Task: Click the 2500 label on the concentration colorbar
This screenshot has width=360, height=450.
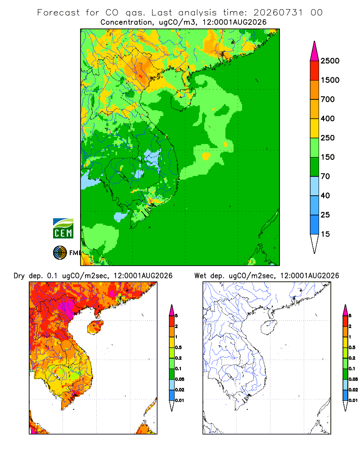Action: point(330,61)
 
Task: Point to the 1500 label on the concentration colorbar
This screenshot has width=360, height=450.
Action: point(330,80)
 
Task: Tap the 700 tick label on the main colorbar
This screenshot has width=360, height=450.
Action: point(328,99)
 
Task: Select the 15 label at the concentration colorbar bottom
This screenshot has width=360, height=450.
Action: point(325,234)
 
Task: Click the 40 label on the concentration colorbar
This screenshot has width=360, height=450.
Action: point(325,196)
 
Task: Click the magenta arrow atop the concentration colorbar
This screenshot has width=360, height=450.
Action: point(315,52)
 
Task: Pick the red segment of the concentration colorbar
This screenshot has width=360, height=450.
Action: point(315,71)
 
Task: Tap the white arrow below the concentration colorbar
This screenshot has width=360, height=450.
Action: point(315,243)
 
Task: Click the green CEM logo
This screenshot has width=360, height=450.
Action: point(63,229)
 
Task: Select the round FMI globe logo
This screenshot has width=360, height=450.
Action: point(60,253)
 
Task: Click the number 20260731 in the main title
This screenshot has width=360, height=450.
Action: point(278,13)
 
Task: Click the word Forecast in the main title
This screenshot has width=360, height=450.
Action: point(58,13)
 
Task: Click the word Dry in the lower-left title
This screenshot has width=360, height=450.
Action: point(19,276)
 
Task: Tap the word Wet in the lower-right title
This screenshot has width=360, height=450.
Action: point(200,276)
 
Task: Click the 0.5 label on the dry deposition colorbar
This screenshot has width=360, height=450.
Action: point(178,347)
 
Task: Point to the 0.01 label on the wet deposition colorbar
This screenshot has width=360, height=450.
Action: point(353,400)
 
